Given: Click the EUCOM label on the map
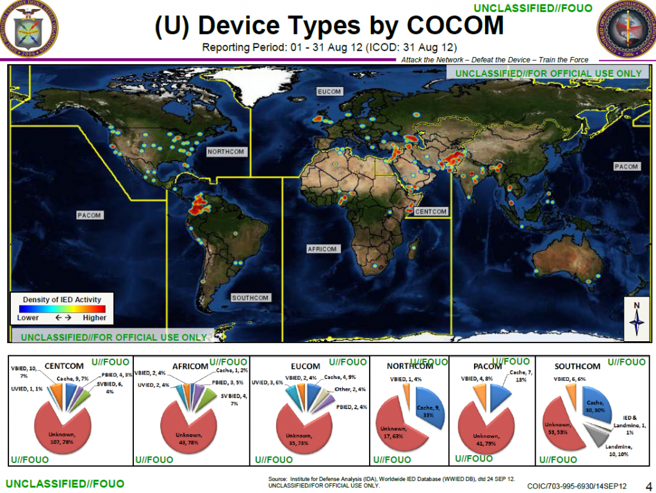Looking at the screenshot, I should [330, 92].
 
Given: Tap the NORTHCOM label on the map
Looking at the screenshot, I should [225, 152].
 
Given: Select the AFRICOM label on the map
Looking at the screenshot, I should [322, 248].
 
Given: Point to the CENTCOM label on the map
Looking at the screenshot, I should [431, 211].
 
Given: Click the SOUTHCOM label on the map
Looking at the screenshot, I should [250, 298].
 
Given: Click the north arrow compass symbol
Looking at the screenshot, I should [637, 318].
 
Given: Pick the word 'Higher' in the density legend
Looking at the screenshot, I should [94, 318].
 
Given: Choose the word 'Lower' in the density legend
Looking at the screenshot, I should [28, 318].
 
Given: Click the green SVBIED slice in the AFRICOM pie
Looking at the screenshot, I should [208, 400].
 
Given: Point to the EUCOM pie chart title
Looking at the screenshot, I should [305, 366].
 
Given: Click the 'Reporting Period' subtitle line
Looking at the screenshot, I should [329, 47].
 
